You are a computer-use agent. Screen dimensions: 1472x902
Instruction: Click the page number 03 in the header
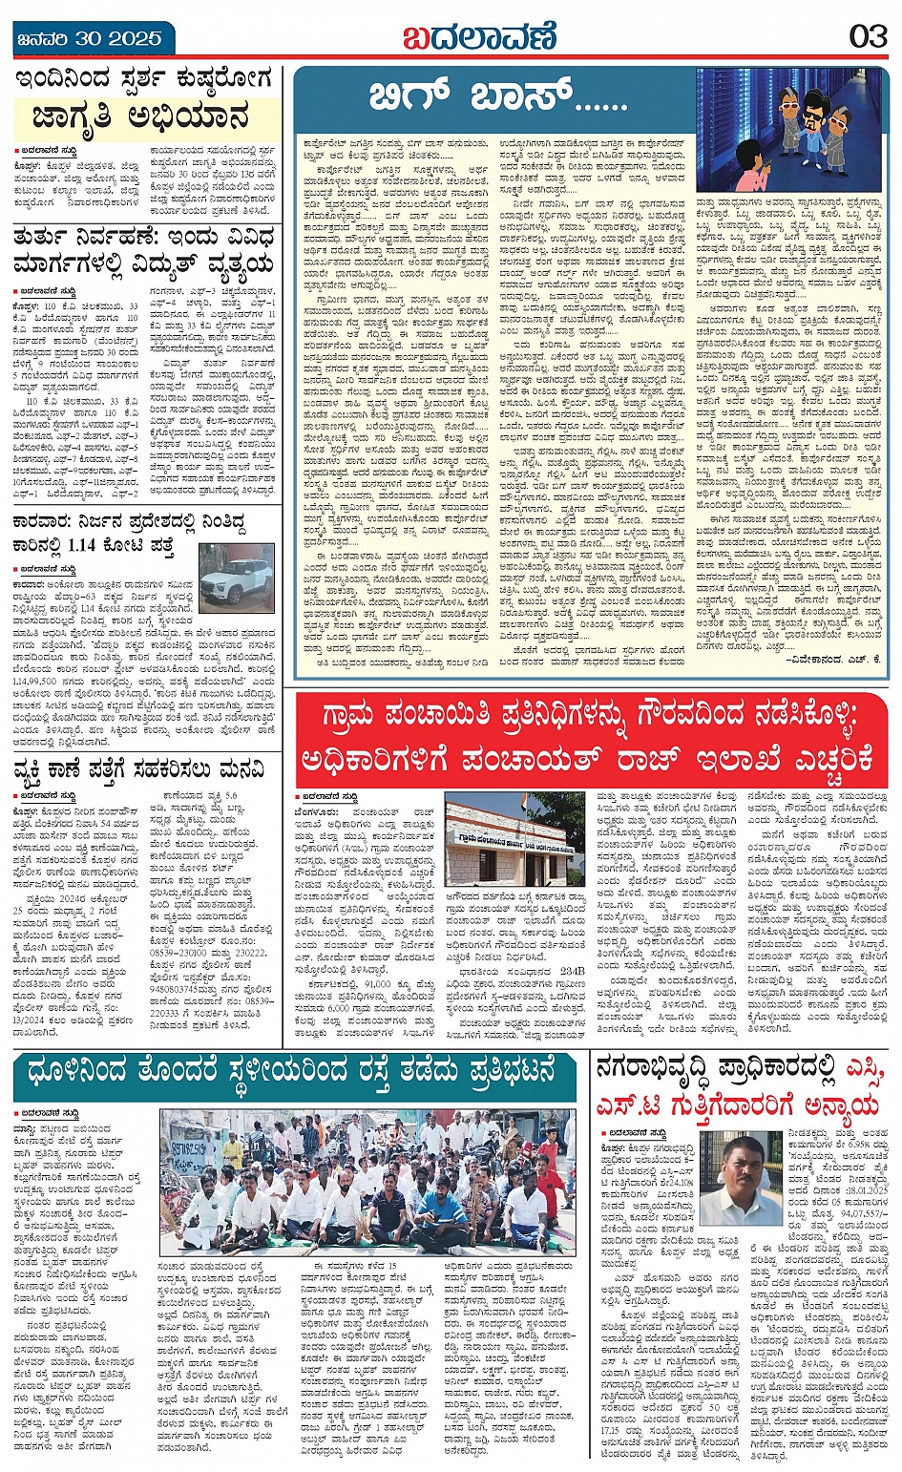point(868,37)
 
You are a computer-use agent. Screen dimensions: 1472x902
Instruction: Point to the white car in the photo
point(238,576)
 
